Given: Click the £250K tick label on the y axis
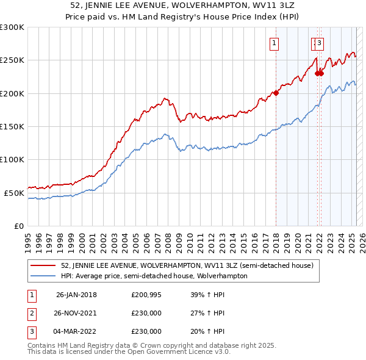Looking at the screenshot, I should tap(12, 60).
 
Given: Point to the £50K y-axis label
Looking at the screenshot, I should tap(15, 193).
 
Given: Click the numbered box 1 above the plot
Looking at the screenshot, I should tap(275, 43).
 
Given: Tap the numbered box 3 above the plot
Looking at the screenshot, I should tap(320, 43).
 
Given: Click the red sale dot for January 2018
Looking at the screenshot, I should tap(276, 93).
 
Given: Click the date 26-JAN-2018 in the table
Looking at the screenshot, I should tap(76, 295).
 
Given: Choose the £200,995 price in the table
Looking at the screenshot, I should tap(146, 295).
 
